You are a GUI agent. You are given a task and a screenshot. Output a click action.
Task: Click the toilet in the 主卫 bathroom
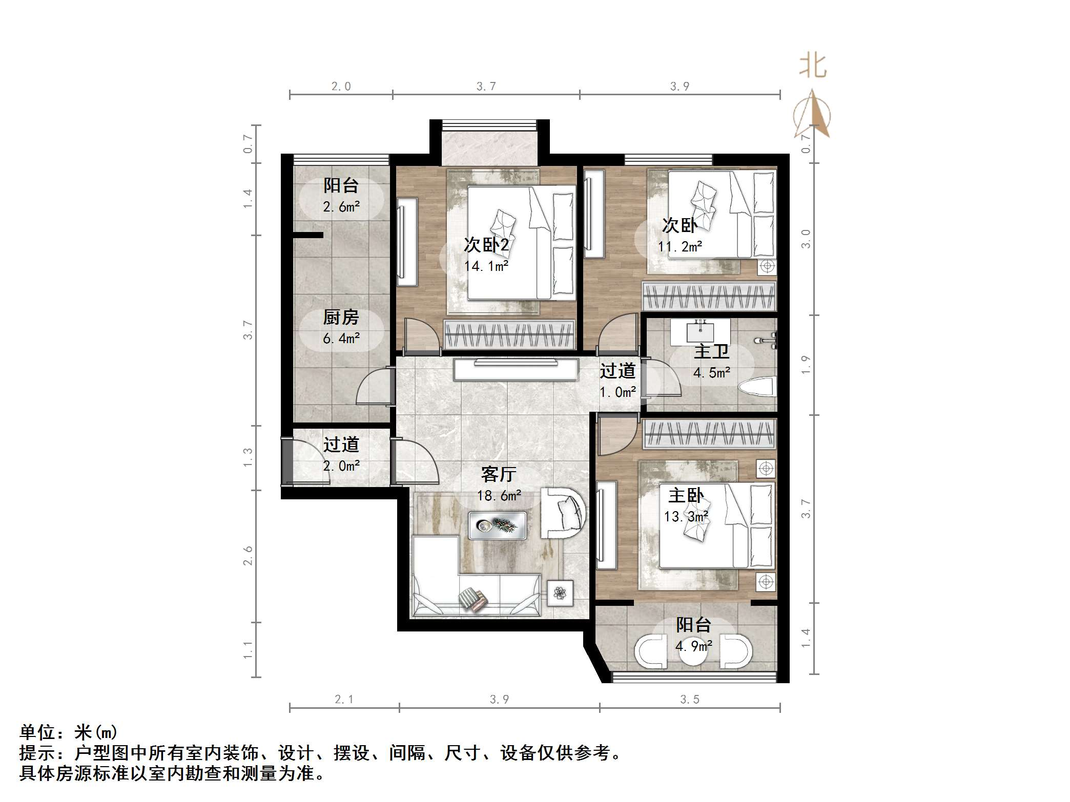758,386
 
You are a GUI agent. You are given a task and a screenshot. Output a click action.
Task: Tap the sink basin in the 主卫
700,331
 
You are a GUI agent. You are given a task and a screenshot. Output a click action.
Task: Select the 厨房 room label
341,318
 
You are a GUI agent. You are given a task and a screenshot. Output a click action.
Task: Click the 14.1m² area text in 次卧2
486,266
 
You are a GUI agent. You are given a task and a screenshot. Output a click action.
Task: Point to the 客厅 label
498,474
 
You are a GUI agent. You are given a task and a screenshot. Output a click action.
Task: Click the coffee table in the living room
497,525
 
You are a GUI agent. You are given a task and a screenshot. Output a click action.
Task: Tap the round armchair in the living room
564,512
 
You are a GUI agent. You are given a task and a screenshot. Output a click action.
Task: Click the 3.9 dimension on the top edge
680,87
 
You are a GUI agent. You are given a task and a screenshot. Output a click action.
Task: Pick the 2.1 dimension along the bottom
344,700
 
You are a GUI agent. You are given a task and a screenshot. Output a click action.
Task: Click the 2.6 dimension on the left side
248,556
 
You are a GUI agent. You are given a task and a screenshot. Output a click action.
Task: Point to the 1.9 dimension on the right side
806,365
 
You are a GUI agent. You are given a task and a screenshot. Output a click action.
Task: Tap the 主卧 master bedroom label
686,495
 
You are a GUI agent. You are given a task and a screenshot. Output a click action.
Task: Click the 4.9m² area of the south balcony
693,646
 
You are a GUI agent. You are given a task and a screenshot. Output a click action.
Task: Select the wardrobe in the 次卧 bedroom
709,297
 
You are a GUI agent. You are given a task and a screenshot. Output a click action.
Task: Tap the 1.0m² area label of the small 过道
618,392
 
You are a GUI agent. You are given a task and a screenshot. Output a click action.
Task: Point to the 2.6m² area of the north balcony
341,207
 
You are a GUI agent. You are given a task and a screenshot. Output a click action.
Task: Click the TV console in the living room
515,369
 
